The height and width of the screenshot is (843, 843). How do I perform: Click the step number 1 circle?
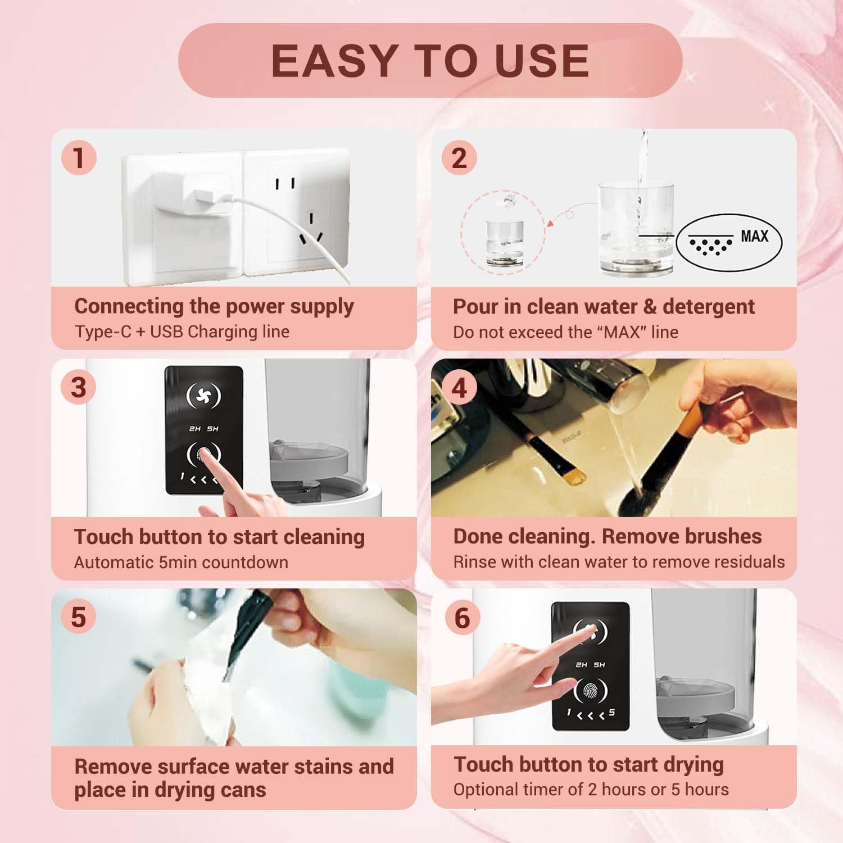point(79,157)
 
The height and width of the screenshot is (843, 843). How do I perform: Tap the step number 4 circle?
point(459,388)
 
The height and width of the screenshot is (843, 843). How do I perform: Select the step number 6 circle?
point(461,618)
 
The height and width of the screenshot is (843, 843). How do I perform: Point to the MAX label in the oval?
point(754,236)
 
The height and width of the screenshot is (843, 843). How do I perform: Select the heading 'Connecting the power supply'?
point(214,306)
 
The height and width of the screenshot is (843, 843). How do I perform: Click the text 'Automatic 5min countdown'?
point(181,562)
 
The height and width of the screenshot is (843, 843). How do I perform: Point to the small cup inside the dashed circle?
point(505,242)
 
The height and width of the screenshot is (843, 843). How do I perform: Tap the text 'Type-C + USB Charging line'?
point(182,332)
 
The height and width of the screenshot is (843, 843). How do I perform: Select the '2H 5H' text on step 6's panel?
point(590,665)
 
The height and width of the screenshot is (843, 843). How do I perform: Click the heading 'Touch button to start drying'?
point(588,764)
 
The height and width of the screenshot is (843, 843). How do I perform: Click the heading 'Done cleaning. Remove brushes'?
point(607,536)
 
